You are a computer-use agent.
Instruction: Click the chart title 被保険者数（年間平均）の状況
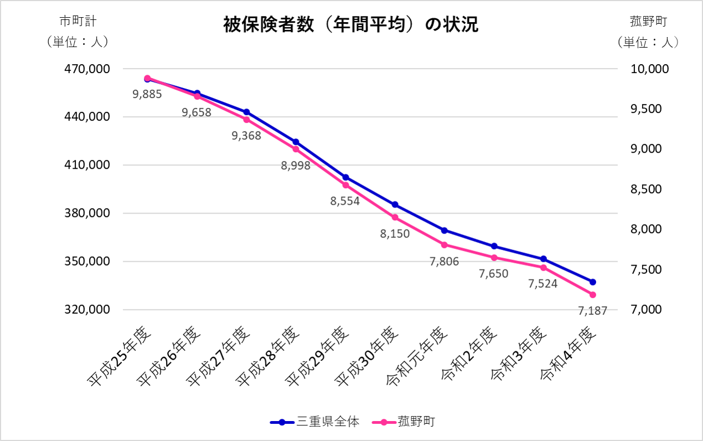(x=350, y=25)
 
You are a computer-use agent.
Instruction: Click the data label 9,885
(x=147, y=94)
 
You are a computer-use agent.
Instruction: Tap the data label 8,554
(x=345, y=201)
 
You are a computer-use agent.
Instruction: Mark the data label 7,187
(x=592, y=311)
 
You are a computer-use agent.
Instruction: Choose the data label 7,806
(x=444, y=262)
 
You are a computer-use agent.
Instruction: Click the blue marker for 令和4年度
(x=592, y=282)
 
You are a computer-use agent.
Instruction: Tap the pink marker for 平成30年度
(x=395, y=217)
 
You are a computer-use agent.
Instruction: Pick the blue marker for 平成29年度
(x=345, y=178)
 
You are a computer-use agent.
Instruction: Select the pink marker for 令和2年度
(x=494, y=258)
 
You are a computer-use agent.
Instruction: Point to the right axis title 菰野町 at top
(x=648, y=22)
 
